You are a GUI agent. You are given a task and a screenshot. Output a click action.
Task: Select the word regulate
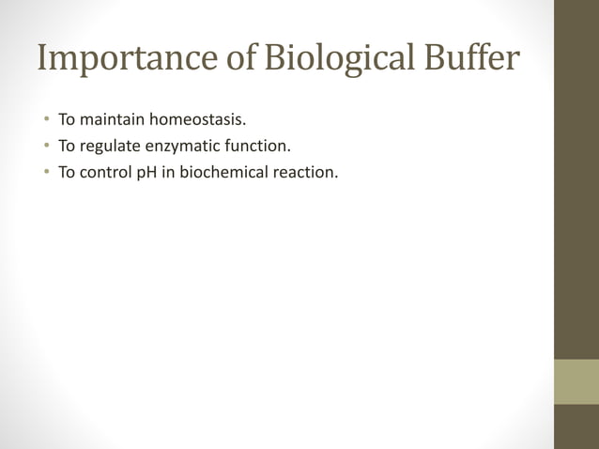(x=111, y=147)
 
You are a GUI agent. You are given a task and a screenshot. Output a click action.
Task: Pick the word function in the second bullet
(x=262, y=147)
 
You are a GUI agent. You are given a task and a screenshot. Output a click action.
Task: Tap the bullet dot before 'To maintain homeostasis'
(x=44, y=121)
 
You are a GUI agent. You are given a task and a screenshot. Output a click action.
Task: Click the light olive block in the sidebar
(x=576, y=381)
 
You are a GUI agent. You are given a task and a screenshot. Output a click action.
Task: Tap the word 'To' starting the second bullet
(x=67, y=147)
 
